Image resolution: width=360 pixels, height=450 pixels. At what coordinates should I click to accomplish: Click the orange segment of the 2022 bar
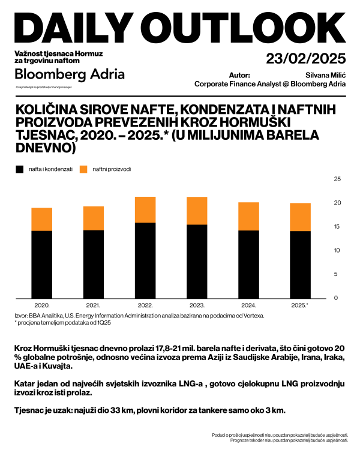coord(145,210)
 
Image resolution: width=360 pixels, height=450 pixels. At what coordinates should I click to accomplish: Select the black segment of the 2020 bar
coord(42,264)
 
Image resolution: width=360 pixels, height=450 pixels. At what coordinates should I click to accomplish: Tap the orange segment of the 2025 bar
coord(300,217)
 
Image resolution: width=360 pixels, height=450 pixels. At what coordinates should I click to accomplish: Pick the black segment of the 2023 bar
coord(197,261)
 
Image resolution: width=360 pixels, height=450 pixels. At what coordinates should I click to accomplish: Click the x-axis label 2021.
coord(93,305)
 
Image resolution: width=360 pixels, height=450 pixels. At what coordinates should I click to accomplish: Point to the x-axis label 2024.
coord(248,305)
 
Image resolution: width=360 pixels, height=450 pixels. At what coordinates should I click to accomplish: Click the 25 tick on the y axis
coord(337,179)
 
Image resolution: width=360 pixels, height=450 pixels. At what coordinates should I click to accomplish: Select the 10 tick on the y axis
coord(337,250)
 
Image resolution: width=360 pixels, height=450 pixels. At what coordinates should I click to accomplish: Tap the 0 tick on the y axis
coord(337,298)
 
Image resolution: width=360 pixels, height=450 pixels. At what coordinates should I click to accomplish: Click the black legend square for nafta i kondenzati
coord(19,169)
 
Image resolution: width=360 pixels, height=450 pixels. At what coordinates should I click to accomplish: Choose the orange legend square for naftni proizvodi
coord(83,169)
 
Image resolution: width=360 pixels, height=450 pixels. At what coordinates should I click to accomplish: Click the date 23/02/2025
coord(306,59)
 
